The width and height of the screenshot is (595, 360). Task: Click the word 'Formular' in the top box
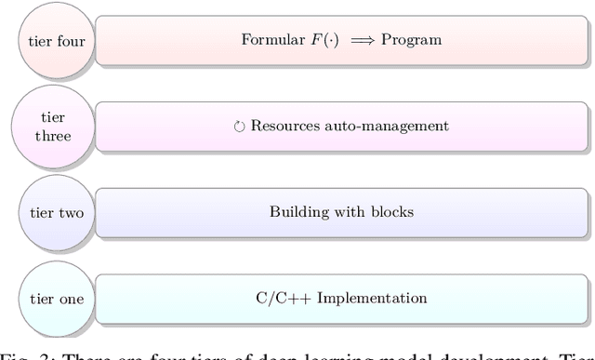click(x=271, y=40)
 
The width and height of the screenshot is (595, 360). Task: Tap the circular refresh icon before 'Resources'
click(x=238, y=127)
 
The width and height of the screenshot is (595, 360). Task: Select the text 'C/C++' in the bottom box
click(x=277, y=299)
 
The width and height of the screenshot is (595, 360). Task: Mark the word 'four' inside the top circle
click(x=73, y=40)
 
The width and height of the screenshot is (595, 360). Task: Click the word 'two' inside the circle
click(x=71, y=213)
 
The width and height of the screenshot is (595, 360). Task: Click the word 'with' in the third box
click(x=349, y=212)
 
